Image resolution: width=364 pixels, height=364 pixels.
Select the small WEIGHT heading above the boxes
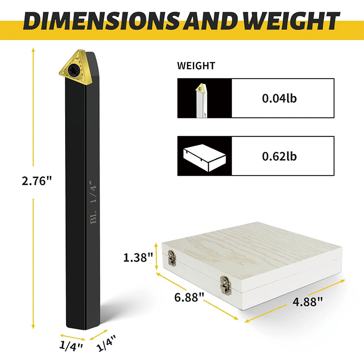(x=196, y=66)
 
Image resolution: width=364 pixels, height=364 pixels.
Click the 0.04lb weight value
(x=279, y=98)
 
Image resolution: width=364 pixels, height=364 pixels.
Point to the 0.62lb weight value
(x=279, y=156)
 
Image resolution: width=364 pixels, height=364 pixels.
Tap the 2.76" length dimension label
(x=37, y=181)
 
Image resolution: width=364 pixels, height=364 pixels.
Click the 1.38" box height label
(x=138, y=258)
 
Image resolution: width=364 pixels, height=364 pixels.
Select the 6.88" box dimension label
(x=189, y=297)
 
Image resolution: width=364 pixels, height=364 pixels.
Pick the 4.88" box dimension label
(x=308, y=302)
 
